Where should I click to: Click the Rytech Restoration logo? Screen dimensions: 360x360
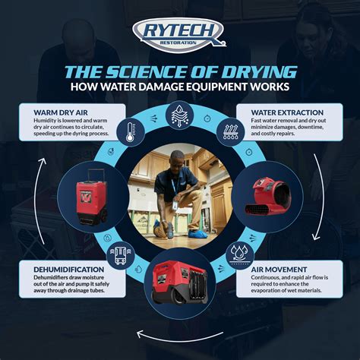pyautogui.click(x=179, y=33)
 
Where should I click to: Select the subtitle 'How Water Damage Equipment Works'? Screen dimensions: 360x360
pyautogui.click(x=179, y=89)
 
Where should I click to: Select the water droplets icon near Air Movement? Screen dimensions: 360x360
pyautogui.click(x=239, y=251)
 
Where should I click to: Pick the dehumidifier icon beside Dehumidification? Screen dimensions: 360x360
pyautogui.click(x=120, y=253)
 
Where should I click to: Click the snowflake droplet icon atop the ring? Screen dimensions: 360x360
pyautogui.click(x=180, y=116)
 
